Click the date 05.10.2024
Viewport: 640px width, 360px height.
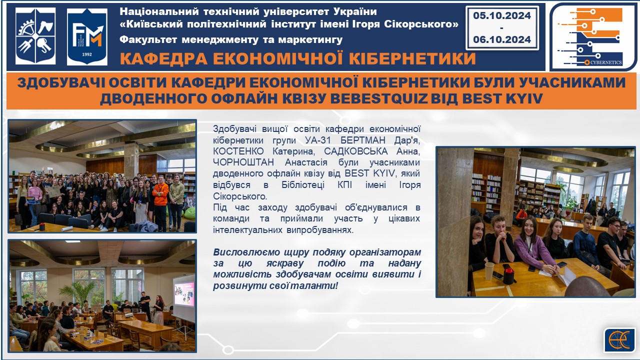pos(501,15)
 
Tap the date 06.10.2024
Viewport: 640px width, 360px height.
pos(501,39)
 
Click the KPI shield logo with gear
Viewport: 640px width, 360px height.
pos(35,36)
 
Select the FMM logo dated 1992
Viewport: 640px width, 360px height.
pos(87,36)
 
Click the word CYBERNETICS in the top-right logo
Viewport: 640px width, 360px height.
pos(606,62)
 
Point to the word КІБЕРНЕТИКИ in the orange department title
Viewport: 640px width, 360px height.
pos(412,58)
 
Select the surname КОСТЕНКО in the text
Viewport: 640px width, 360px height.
pos(238,151)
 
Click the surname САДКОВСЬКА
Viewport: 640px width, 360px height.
pos(355,151)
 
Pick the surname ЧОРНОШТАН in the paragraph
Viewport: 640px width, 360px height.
pos(243,162)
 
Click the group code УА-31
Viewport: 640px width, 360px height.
pos(318,140)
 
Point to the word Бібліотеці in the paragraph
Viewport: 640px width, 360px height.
pos(303,185)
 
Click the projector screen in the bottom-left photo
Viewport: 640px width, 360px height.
pos(183,294)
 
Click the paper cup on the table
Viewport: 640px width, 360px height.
pos(489,271)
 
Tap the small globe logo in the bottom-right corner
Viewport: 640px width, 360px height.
pos(618,340)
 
